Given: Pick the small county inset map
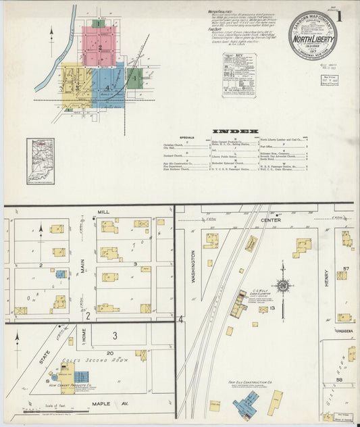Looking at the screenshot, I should coord(40,161).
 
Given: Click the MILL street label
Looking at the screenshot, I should coord(103,211).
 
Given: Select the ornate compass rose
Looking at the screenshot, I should coord(283,286).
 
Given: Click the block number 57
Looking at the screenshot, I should coord(347,269).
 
